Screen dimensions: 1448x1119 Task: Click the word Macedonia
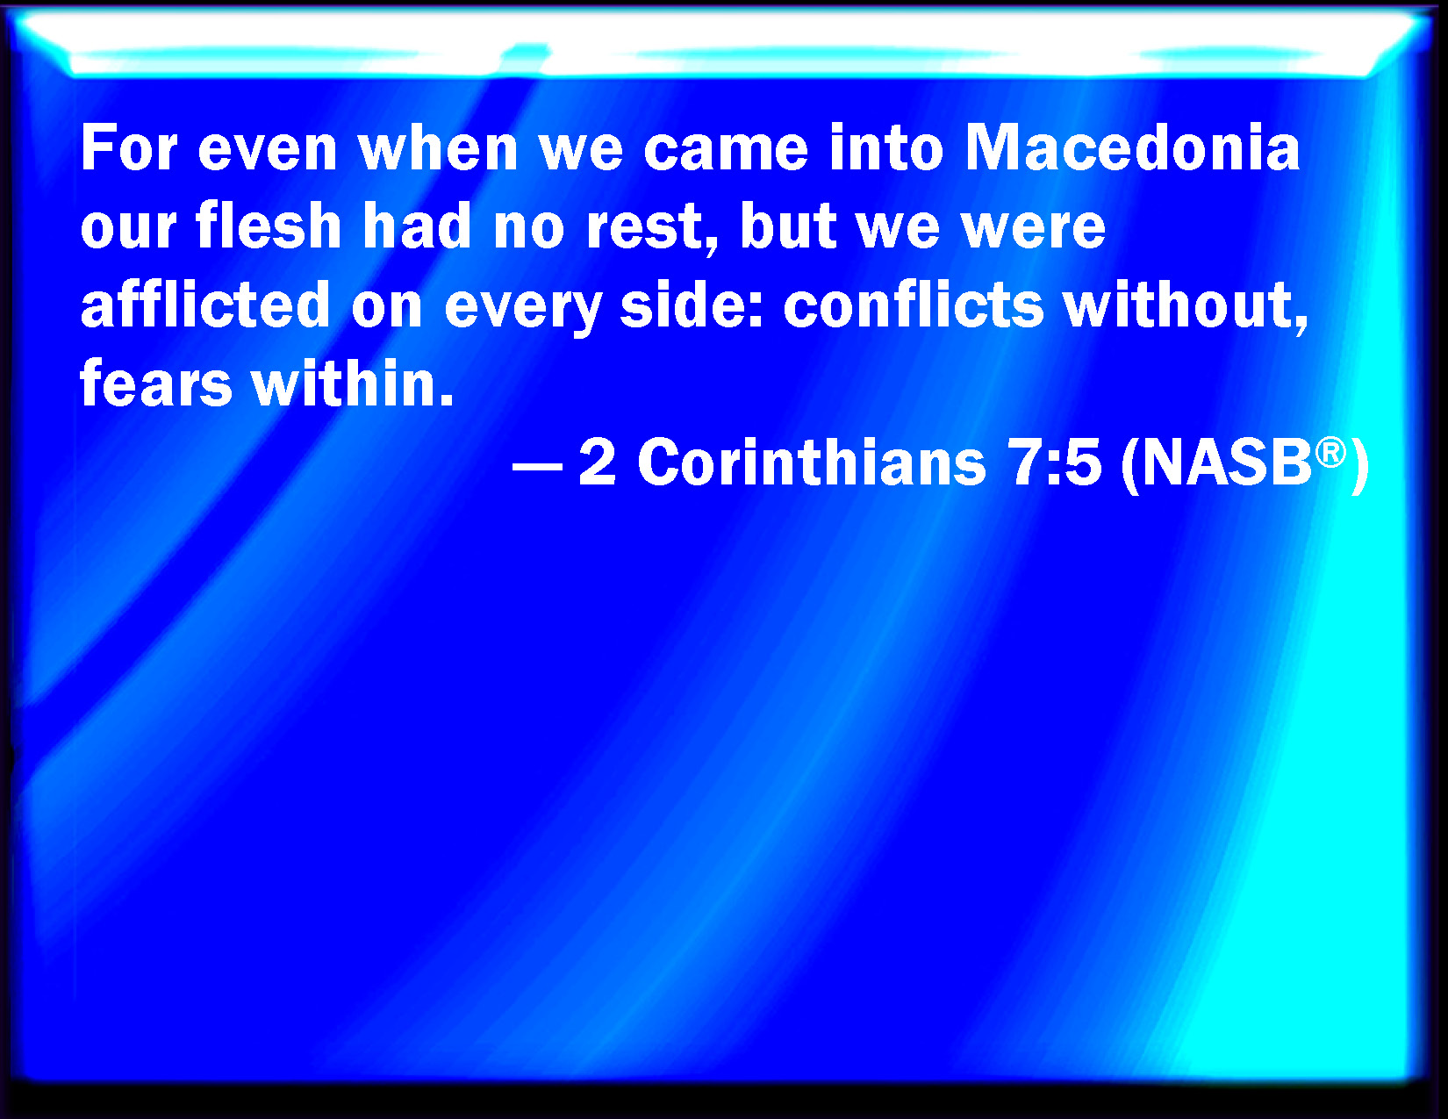1132,147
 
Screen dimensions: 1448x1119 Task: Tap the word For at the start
129,147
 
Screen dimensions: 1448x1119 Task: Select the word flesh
268,225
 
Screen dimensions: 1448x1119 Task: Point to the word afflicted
205,304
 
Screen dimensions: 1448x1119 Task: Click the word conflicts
913,304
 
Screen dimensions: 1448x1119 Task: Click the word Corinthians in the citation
811,462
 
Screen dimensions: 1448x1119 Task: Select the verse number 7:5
1053,463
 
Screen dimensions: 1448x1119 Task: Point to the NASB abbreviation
1226,463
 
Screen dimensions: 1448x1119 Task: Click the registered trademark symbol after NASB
1330,453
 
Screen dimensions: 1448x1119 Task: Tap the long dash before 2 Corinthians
537,468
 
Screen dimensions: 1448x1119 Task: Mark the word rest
643,226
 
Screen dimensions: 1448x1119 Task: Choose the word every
522,308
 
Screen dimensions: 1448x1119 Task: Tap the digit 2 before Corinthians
597,463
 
